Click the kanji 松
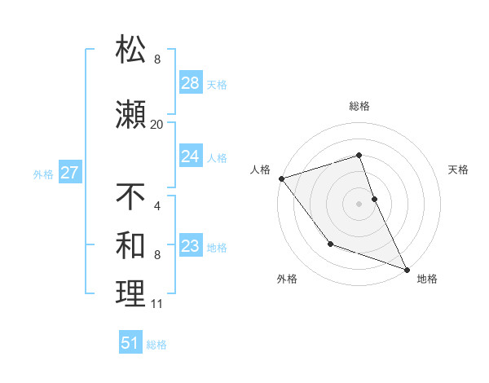(130, 51)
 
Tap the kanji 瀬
(130, 115)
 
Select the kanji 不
(130, 196)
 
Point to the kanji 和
(130, 244)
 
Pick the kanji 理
(130, 294)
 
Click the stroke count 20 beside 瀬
(156, 125)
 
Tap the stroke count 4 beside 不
(156, 205)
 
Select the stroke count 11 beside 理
(156, 304)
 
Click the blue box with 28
(190, 83)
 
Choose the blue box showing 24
(190, 156)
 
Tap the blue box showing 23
(190, 246)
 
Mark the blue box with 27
(69, 173)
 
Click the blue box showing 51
(130, 343)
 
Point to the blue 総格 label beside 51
(156, 345)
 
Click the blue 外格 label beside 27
(43, 174)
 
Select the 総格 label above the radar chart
(359, 107)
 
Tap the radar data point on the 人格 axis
(281, 178)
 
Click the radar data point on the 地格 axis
(407, 269)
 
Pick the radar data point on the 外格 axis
(330, 244)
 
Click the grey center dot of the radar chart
(359, 203)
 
